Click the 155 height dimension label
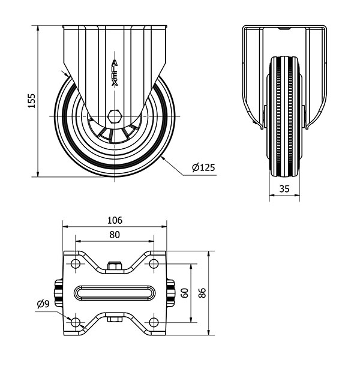coord(32,101)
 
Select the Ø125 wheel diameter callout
coord(203,167)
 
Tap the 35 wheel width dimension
coord(284,188)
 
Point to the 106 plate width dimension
coord(115,220)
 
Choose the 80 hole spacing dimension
coord(115,235)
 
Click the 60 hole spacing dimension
coord(185,293)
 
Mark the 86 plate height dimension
coord(202,293)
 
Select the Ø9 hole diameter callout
coord(43,304)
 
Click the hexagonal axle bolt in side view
coord(115,116)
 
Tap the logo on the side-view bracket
coord(115,73)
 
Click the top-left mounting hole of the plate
coord(76,263)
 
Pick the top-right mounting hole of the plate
coord(154,263)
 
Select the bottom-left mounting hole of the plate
coord(76,322)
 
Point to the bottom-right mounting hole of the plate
coord(154,322)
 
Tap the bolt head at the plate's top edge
coord(115,266)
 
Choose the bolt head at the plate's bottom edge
coord(115,319)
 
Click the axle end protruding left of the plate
coord(59,293)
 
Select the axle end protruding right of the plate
coord(170,293)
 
